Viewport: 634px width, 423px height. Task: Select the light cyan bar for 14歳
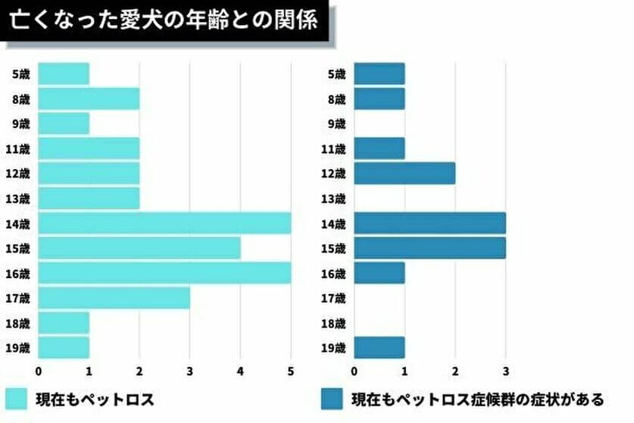point(164,223)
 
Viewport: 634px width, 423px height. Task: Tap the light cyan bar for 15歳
point(139,248)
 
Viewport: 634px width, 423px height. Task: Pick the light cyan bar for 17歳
point(114,298)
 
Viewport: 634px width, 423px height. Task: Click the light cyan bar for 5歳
point(64,74)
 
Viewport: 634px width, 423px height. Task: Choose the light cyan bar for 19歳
point(64,348)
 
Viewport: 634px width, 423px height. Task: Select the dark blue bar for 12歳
point(404,173)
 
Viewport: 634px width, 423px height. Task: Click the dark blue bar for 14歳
point(429,223)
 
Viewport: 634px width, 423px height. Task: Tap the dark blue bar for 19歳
point(379,348)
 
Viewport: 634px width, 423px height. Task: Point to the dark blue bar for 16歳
point(379,273)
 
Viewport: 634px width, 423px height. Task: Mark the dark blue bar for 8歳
point(379,99)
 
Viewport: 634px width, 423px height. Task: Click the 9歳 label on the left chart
point(20,124)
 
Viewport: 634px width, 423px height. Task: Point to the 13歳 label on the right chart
point(333,199)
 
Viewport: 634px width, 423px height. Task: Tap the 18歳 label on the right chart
point(333,323)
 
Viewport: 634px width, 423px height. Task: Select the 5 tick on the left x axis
point(291,371)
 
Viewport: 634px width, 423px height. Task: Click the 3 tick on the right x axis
point(505,371)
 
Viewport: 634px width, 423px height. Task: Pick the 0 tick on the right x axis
point(354,371)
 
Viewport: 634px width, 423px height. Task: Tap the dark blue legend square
point(330,399)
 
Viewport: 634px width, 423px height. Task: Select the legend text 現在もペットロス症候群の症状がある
point(477,399)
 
